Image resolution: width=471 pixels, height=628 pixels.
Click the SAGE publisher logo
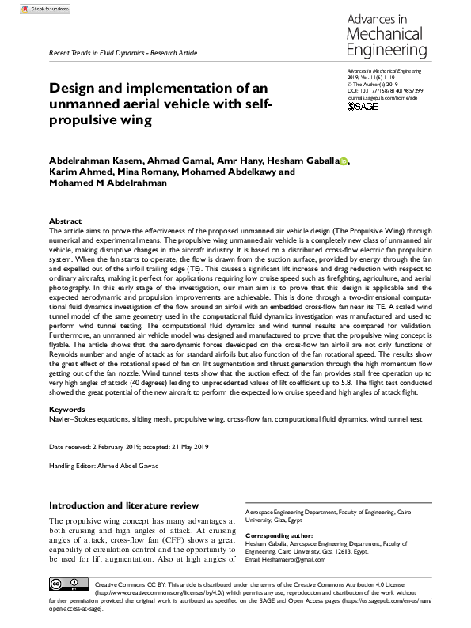click(364, 106)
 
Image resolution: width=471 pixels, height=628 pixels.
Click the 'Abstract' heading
click(65, 221)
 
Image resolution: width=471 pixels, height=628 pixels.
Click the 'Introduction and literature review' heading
click(120, 505)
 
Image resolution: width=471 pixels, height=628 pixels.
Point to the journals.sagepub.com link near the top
click(382, 98)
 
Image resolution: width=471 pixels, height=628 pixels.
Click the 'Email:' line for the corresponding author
click(297, 560)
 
